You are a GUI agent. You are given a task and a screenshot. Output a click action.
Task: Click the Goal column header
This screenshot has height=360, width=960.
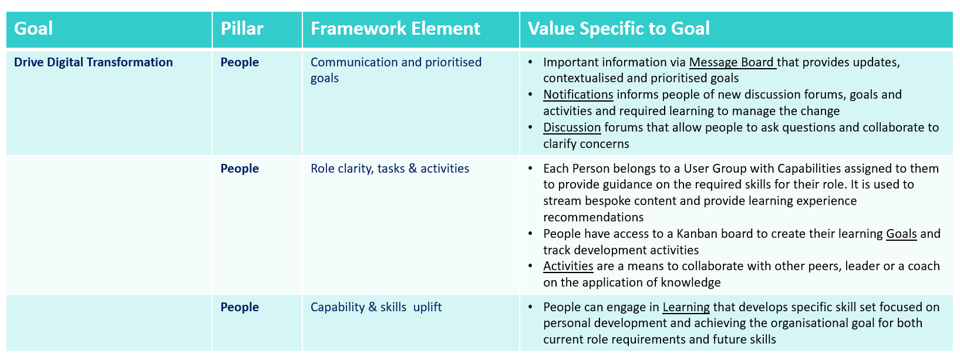coord(33,29)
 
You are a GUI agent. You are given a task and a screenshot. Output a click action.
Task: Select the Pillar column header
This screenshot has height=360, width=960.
coord(242,29)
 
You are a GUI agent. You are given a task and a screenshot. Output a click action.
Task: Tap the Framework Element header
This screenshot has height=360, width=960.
coord(395,29)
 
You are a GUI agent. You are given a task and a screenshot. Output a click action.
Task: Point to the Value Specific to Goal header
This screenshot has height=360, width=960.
coord(618,29)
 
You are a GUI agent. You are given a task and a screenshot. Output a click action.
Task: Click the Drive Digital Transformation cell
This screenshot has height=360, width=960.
coord(93,62)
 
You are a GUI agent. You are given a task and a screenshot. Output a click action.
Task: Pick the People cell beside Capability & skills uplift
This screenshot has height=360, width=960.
coord(240,307)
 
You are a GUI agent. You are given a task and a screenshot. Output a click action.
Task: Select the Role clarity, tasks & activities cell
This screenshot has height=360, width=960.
coord(389,169)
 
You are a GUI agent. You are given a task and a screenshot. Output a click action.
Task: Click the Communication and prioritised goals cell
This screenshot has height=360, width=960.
coord(396,70)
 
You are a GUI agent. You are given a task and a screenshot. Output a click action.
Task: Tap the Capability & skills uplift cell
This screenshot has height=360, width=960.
coord(376,307)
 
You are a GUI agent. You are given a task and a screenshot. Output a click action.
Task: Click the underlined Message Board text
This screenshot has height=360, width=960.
coord(732,63)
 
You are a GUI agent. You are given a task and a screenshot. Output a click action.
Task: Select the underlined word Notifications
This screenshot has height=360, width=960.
coord(578,95)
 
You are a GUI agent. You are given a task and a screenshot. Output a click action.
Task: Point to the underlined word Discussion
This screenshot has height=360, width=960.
coord(572,127)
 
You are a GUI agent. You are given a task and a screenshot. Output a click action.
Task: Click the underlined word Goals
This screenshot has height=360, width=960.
coord(901,234)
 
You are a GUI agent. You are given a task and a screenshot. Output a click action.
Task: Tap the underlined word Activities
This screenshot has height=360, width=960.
coord(568,266)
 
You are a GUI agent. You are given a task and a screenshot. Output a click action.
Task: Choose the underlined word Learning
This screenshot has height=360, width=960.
coord(686,307)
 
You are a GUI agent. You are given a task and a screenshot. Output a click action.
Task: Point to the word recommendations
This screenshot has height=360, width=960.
coord(593,217)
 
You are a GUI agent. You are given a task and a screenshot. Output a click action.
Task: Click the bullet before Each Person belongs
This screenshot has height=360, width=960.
coord(531,169)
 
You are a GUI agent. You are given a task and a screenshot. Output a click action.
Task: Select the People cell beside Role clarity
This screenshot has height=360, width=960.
coord(240,169)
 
